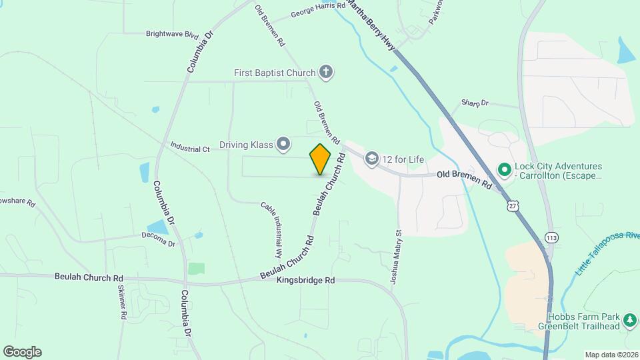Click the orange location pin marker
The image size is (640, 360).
tap(320, 159)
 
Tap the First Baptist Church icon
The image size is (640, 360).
tap(325, 72)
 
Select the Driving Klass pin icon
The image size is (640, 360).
tap(283, 144)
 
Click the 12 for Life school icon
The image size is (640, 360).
tap(371, 158)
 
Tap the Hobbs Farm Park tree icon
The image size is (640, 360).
tap(629, 321)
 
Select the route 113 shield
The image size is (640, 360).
tap(551, 237)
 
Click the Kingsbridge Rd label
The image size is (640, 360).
tap(305, 281)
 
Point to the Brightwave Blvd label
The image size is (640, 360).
tap(173, 33)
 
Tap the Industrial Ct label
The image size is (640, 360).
tap(190, 146)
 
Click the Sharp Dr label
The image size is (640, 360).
tap(475, 103)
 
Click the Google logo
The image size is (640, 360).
tap(22, 352)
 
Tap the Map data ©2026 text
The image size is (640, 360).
tap(611, 355)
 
